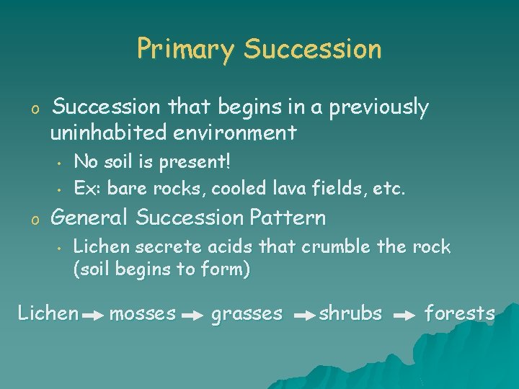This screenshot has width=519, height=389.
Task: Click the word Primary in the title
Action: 185,50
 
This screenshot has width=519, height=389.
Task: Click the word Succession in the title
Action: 312,50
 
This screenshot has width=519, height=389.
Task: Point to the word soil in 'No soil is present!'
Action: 120,161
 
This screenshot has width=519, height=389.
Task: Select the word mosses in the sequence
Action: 143,313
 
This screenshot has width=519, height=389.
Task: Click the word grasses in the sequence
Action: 247,313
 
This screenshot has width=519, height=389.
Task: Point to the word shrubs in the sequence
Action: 350,313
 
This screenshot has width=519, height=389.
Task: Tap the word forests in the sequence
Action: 459,313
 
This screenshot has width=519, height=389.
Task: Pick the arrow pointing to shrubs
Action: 306,316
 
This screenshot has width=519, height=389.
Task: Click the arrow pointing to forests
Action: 405,316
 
